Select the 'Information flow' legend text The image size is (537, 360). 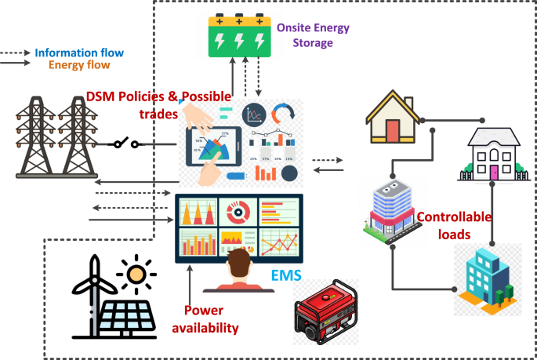[78, 53]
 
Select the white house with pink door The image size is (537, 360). [493, 155]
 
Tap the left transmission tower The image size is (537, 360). [34, 138]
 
